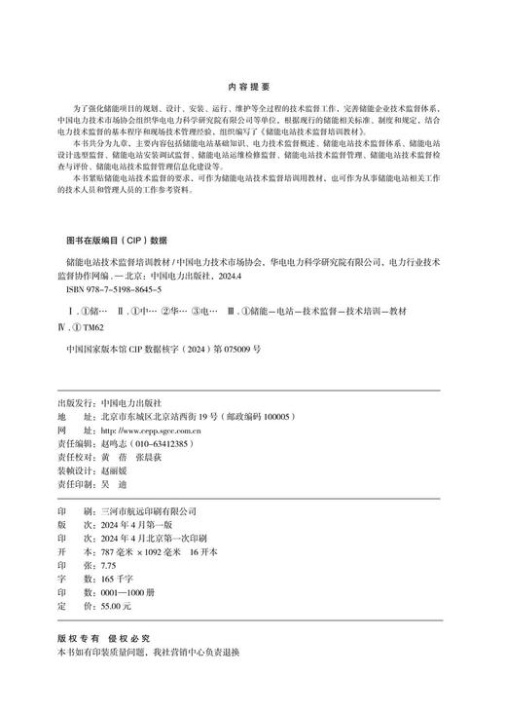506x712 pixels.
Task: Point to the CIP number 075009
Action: click(234, 348)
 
